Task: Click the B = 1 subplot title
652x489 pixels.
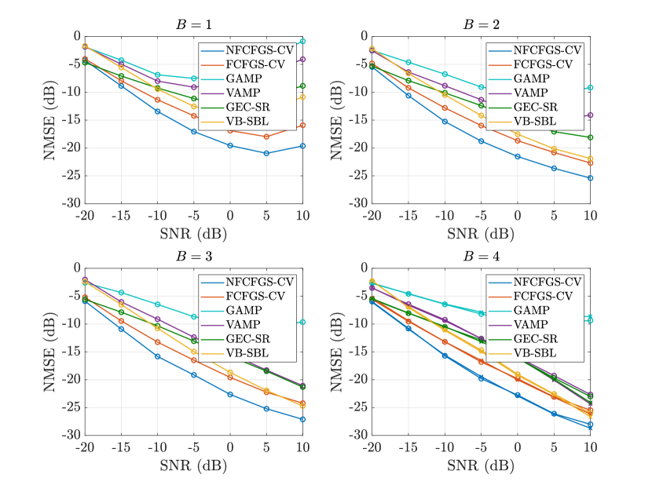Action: (x=193, y=24)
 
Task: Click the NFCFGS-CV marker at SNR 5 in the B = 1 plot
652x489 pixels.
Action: (x=266, y=153)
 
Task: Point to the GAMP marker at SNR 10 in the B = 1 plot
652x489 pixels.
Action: (x=302, y=41)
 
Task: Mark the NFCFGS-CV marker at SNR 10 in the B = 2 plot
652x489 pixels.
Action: (x=590, y=178)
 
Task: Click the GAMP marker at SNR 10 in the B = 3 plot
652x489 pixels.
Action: (x=302, y=323)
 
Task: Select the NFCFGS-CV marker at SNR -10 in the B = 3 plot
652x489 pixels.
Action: (x=157, y=356)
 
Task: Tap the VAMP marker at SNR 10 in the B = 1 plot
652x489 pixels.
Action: (x=302, y=60)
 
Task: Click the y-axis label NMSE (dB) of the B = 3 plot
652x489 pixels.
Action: (x=56, y=352)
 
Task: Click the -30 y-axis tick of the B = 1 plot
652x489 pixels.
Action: (x=71, y=203)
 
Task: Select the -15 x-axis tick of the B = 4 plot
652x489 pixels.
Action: (x=408, y=446)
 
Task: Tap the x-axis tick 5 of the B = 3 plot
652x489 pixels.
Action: (x=266, y=446)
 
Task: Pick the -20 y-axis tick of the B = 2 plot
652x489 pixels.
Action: (x=359, y=148)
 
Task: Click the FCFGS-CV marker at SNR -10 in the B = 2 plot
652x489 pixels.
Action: (x=445, y=108)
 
